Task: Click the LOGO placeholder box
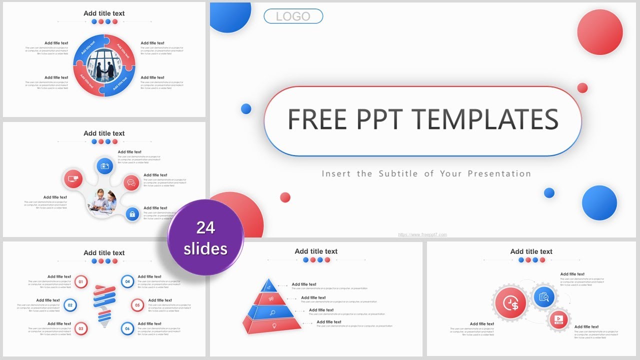293,16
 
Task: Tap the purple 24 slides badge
205,237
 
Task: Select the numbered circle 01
81,282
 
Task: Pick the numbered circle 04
127,282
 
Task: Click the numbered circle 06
127,328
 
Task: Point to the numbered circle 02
70,305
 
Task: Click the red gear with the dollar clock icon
510,303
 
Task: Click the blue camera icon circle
104,166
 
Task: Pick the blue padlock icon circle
132,214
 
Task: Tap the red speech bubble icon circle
131,182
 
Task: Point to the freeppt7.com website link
422,234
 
